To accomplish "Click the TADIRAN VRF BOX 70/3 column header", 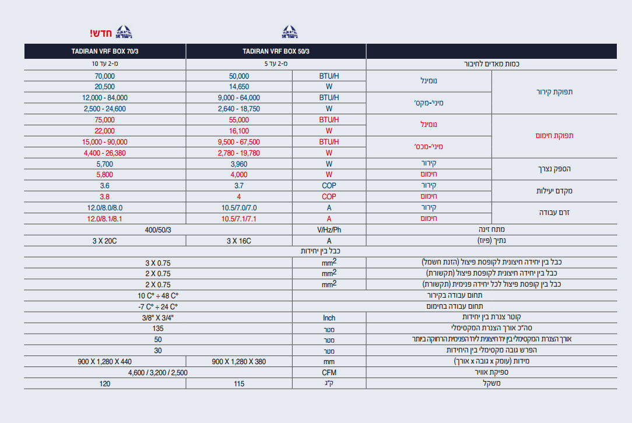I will [x=105, y=51].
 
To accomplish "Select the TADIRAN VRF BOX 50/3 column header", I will [x=276, y=51].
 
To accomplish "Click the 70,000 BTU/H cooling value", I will [x=105, y=76].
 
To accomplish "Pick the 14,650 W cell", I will [x=239, y=86].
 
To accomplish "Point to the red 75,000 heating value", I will [x=105, y=119].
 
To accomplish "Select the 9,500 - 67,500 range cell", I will [x=239, y=142].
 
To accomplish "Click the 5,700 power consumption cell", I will [x=105, y=164].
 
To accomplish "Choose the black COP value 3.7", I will [x=239, y=185].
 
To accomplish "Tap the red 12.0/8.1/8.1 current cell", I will [x=105, y=218].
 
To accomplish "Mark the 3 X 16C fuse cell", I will [x=239, y=240].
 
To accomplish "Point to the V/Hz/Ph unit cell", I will [x=329, y=230].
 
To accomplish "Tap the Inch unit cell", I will [x=329, y=318].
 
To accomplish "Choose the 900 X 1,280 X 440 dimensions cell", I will [x=105, y=361].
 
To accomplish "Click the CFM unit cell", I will [x=329, y=372].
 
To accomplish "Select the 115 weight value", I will [x=239, y=383].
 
